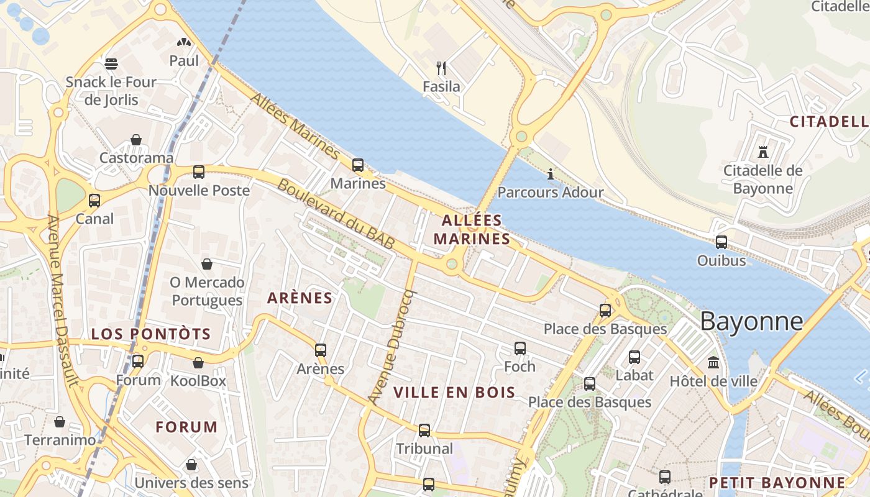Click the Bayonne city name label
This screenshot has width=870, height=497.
click(751, 321)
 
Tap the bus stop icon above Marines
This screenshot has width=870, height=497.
click(358, 165)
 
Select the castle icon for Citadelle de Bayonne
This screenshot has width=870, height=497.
click(762, 151)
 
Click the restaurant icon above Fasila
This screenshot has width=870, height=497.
click(441, 68)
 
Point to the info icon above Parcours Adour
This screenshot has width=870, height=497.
click(551, 174)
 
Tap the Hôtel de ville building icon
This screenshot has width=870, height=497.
click(713, 362)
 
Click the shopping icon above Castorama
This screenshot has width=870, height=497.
click(136, 140)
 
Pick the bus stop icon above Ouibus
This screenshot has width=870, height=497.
click(721, 242)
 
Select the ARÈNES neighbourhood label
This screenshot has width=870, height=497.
click(300, 298)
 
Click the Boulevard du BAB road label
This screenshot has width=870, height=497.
click(336, 214)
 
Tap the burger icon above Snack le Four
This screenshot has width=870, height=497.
click(111, 63)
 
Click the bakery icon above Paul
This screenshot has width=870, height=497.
click(184, 42)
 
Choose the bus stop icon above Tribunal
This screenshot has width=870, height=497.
click(424, 430)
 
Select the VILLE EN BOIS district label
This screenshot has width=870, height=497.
click(455, 392)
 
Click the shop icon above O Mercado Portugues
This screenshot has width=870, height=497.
click(207, 265)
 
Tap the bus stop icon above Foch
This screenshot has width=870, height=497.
click(520, 349)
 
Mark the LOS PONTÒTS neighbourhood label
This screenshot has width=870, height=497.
click(151, 334)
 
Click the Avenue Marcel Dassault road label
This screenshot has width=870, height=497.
click(63, 301)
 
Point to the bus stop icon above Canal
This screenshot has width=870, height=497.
click(94, 201)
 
